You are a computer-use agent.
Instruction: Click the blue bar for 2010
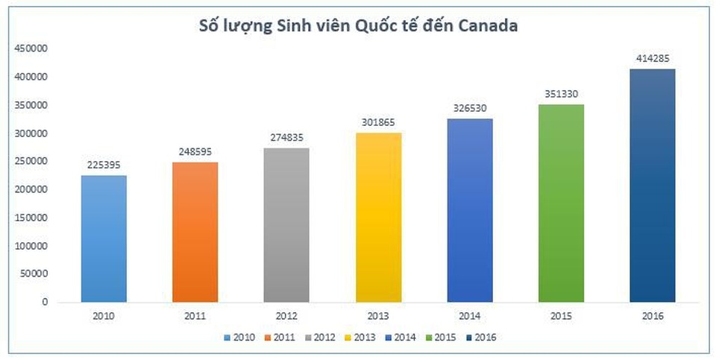pos(104,239)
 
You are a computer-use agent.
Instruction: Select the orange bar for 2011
pos(195,232)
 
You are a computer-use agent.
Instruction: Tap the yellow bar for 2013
pos(378,217)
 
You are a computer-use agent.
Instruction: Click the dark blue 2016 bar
pos(653,186)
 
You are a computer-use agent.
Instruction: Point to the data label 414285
pos(653,58)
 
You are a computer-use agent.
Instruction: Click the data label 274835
pos(287,137)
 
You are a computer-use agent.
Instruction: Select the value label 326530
pos(470,108)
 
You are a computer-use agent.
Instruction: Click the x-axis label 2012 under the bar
pos(287,316)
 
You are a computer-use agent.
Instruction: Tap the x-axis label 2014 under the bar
pos(470,316)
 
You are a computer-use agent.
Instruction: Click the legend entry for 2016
pos(480,338)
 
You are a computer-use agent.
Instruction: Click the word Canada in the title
pos(485,25)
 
